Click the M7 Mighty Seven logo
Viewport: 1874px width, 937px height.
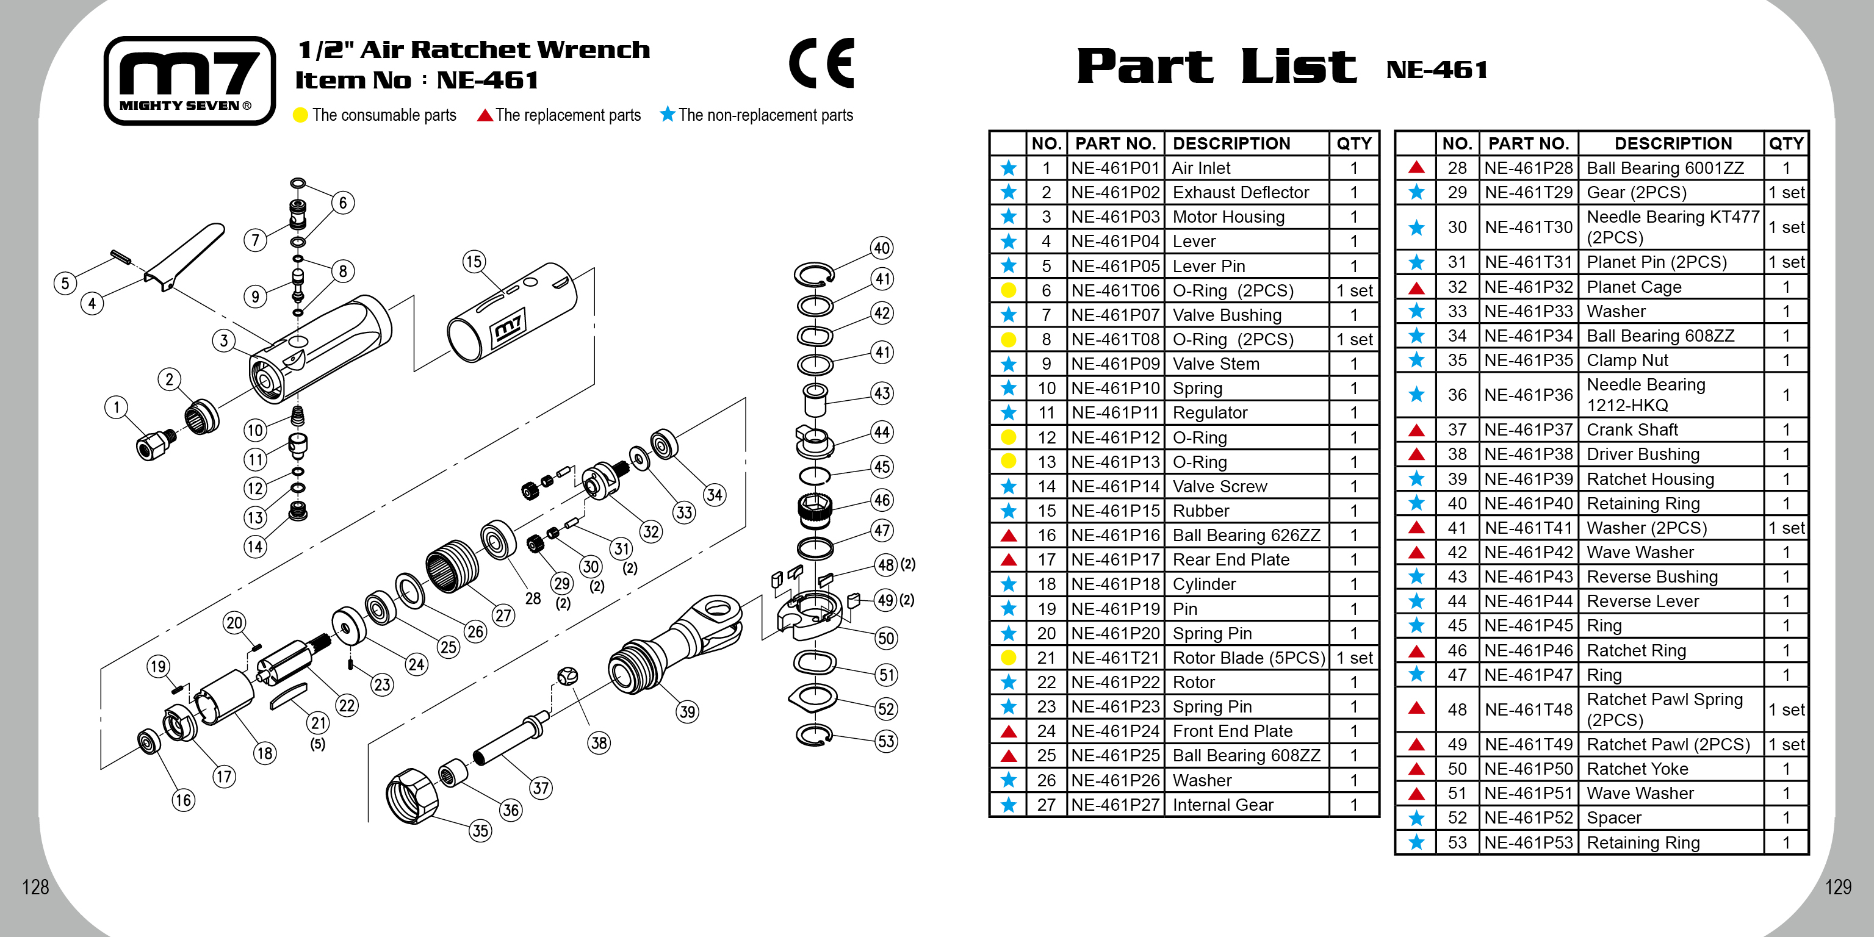tap(189, 80)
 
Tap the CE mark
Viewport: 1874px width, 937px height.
tap(821, 63)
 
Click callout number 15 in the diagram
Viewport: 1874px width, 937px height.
tap(474, 262)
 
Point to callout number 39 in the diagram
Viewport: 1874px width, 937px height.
tap(687, 711)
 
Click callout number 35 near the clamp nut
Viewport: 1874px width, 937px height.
tap(480, 831)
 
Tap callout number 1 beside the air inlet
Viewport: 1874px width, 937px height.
tap(116, 407)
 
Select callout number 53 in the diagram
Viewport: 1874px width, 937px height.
tap(885, 741)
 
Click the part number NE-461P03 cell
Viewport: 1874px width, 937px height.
tap(1115, 217)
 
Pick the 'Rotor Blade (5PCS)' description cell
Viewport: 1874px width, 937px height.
tap(1249, 658)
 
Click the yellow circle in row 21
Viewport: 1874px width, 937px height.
tap(1008, 658)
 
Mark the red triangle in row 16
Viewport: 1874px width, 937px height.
tap(1008, 536)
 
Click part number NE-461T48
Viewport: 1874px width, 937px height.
tap(1529, 709)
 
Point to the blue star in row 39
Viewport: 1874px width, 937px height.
tap(1416, 479)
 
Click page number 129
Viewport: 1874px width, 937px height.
tap(1837, 887)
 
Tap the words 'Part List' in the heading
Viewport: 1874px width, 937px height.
tap(1216, 67)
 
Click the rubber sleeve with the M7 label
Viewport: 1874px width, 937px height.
tap(513, 313)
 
